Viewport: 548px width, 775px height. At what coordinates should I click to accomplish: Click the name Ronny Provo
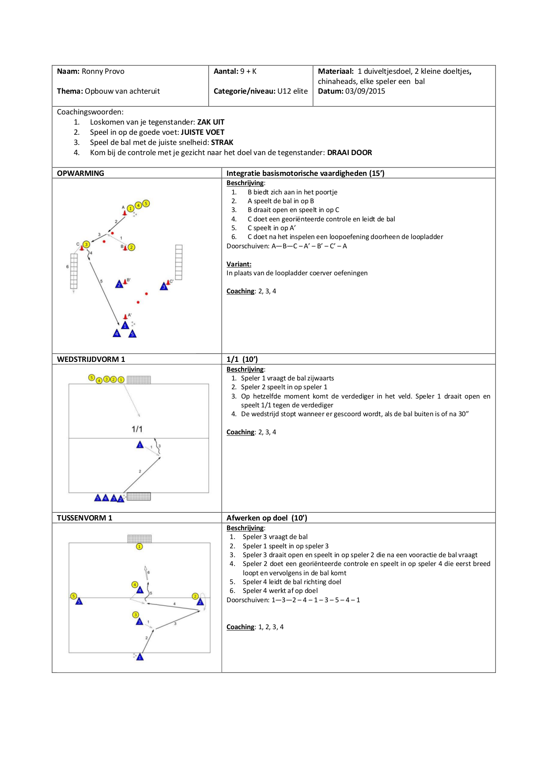point(103,72)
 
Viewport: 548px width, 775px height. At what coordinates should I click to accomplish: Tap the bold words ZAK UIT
point(211,122)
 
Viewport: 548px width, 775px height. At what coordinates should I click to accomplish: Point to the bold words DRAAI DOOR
point(349,153)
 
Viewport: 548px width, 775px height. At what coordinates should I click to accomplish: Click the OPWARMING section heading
point(80,173)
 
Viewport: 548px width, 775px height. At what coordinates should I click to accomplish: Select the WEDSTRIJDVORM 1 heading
point(91,359)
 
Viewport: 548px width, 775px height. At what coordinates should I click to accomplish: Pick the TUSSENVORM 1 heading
point(84,518)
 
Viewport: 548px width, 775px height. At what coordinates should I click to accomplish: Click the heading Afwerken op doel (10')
point(267,518)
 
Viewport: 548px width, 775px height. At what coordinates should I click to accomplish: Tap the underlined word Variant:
point(239,264)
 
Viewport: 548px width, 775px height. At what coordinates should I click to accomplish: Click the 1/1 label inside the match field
point(137,429)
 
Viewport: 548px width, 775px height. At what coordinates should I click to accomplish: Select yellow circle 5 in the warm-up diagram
point(146,203)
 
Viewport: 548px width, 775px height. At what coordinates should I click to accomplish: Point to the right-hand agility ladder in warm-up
point(179,262)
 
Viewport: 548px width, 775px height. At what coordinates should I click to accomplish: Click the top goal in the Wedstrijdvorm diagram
point(139,380)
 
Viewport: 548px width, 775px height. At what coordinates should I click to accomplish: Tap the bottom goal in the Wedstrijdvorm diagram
point(139,496)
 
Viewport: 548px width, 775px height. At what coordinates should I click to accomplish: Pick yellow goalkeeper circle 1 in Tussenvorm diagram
point(140,547)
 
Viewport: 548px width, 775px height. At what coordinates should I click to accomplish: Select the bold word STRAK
point(222,143)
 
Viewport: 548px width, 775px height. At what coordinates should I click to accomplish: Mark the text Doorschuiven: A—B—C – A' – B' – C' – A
point(287,246)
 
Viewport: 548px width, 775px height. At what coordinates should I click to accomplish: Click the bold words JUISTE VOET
point(203,133)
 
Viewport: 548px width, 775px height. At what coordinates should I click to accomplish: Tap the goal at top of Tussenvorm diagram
point(140,539)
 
